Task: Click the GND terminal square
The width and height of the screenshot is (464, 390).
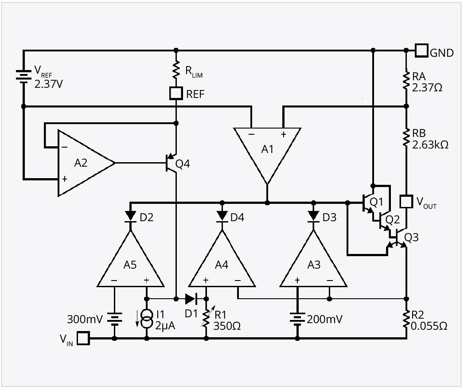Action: (x=421, y=51)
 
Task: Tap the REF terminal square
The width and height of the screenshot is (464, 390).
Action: (x=176, y=93)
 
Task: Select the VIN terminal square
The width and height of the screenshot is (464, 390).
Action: (x=83, y=339)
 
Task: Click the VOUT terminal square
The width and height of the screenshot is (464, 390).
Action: (x=406, y=202)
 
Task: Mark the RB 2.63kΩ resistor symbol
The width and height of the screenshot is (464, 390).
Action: (x=406, y=137)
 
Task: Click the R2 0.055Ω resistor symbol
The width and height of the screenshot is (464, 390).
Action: (x=406, y=320)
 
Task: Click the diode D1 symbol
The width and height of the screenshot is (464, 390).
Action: (x=191, y=298)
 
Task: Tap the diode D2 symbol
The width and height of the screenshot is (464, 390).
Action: (x=130, y=215)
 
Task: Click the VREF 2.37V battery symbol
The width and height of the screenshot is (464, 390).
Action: (x=23, y=75)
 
